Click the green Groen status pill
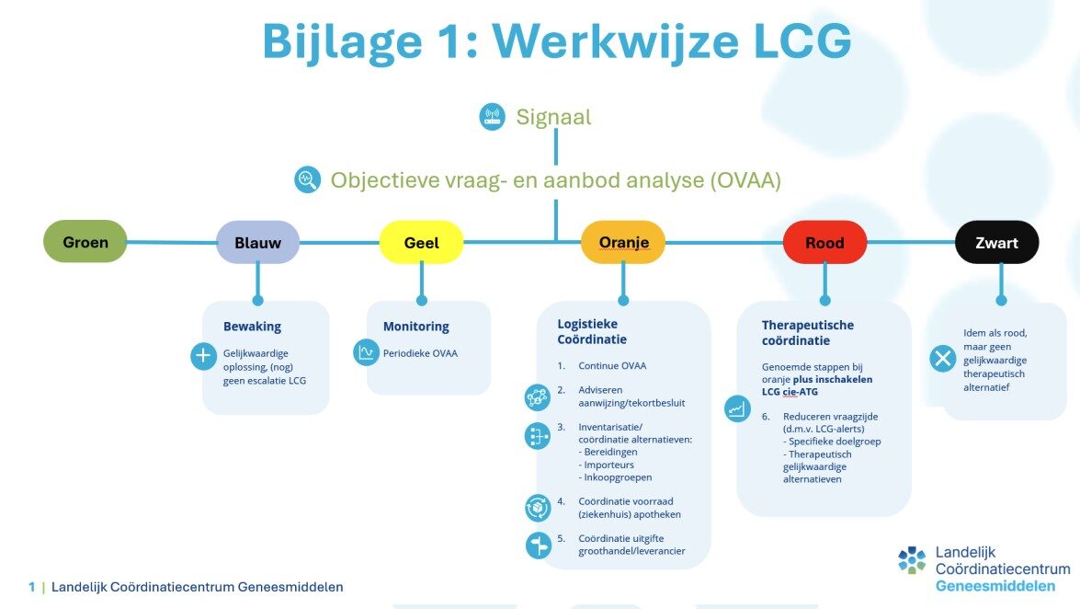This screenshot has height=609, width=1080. (85, 242)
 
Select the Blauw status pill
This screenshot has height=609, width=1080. (257, 243)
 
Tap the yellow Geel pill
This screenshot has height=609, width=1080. (421, 243)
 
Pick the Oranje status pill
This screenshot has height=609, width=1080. (623, 243)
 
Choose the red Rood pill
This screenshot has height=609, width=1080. (824, 243)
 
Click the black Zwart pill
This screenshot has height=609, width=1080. (997, 243)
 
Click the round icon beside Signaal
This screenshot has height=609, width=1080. (493, 117)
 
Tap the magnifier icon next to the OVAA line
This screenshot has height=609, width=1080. (308, 179)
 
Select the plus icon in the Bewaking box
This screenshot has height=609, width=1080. (203, 356)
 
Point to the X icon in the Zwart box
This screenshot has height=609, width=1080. (942, 359)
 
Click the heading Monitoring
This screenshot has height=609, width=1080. (415, 326)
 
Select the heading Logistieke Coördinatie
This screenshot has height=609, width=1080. (587, 330)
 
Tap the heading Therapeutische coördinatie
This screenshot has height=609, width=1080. (808, 332)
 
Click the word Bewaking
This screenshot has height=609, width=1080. (252, 326)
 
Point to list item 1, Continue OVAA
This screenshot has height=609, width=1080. (611, 365)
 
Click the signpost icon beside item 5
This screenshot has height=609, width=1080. (538, 545)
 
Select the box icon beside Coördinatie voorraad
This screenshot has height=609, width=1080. (538, 507)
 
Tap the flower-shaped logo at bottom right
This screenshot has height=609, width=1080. (912, 560)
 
